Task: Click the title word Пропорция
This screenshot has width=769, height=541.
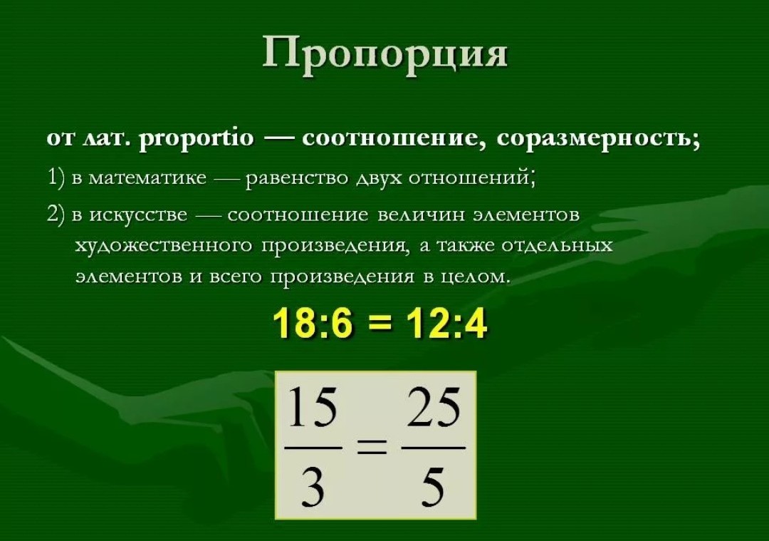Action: [384, 52]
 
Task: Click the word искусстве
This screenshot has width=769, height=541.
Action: [138, 215]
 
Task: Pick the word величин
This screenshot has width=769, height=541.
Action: [422, 215]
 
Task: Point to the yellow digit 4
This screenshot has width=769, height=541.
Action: [474, 324]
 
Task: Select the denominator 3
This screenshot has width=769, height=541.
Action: [313, 485]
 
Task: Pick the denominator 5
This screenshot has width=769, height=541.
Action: [433, 485]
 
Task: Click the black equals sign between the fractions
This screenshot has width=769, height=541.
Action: [372, 448]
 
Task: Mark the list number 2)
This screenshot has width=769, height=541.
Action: [56, 215]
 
